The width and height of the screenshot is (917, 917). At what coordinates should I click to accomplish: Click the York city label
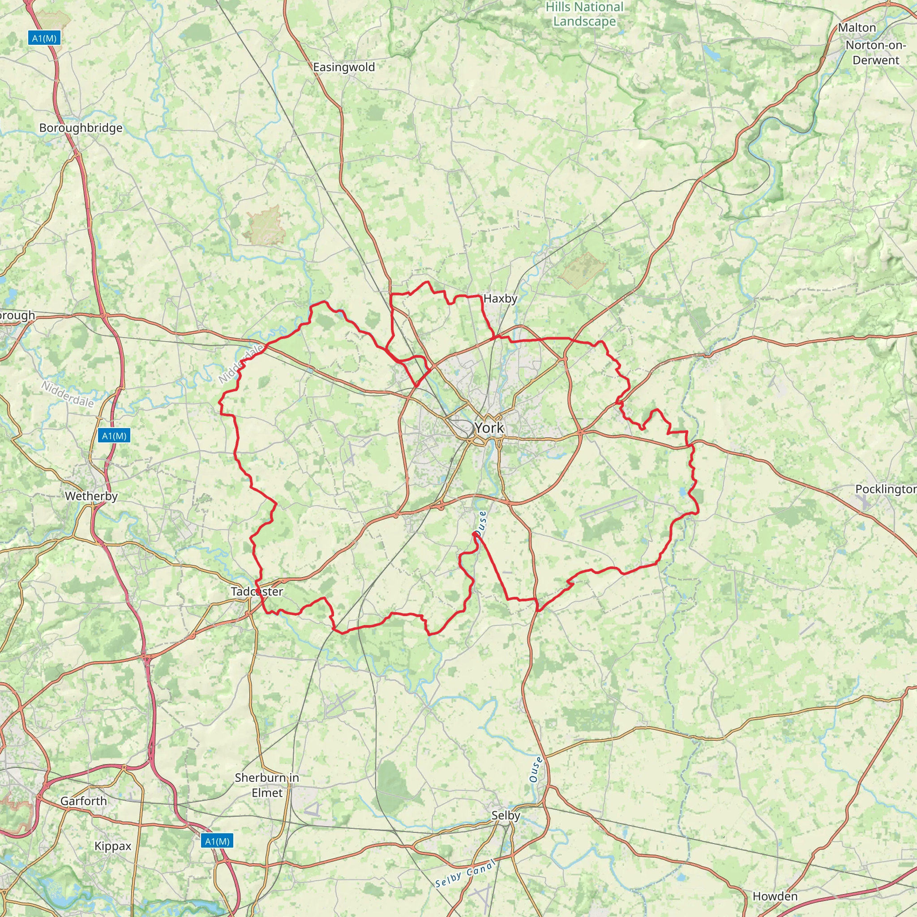tap(489, 428)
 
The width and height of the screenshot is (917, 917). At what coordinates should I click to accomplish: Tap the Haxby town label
tap(500, 299)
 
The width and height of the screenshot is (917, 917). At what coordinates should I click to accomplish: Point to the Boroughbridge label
tap(81, 128)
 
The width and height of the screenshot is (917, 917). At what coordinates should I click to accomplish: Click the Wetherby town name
tap(91, 497)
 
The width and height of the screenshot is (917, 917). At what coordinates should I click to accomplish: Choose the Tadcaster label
tap(257, 592)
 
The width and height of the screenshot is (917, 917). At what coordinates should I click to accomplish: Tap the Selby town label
tap(506, 815)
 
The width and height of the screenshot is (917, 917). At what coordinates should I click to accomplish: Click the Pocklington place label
tap(886, 489)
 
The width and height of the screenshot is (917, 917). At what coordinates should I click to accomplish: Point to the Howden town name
tap(775, 896)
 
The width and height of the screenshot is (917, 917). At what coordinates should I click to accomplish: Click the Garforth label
tap(84, 801)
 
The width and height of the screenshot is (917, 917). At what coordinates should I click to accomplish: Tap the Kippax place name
tap(113, 846)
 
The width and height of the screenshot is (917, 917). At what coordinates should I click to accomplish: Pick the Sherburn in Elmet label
tap(267, 785)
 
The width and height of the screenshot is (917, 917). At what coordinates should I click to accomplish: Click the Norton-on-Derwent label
tap(876, 53)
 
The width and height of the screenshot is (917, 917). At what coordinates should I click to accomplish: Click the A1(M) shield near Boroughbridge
tap(45, 38)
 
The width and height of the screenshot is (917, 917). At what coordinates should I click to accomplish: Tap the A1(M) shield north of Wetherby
tap(114, 436)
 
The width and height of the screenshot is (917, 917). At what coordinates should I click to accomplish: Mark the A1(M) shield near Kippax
tap(217, 841)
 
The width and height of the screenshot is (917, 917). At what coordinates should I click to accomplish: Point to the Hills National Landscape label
tap(585, 14)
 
